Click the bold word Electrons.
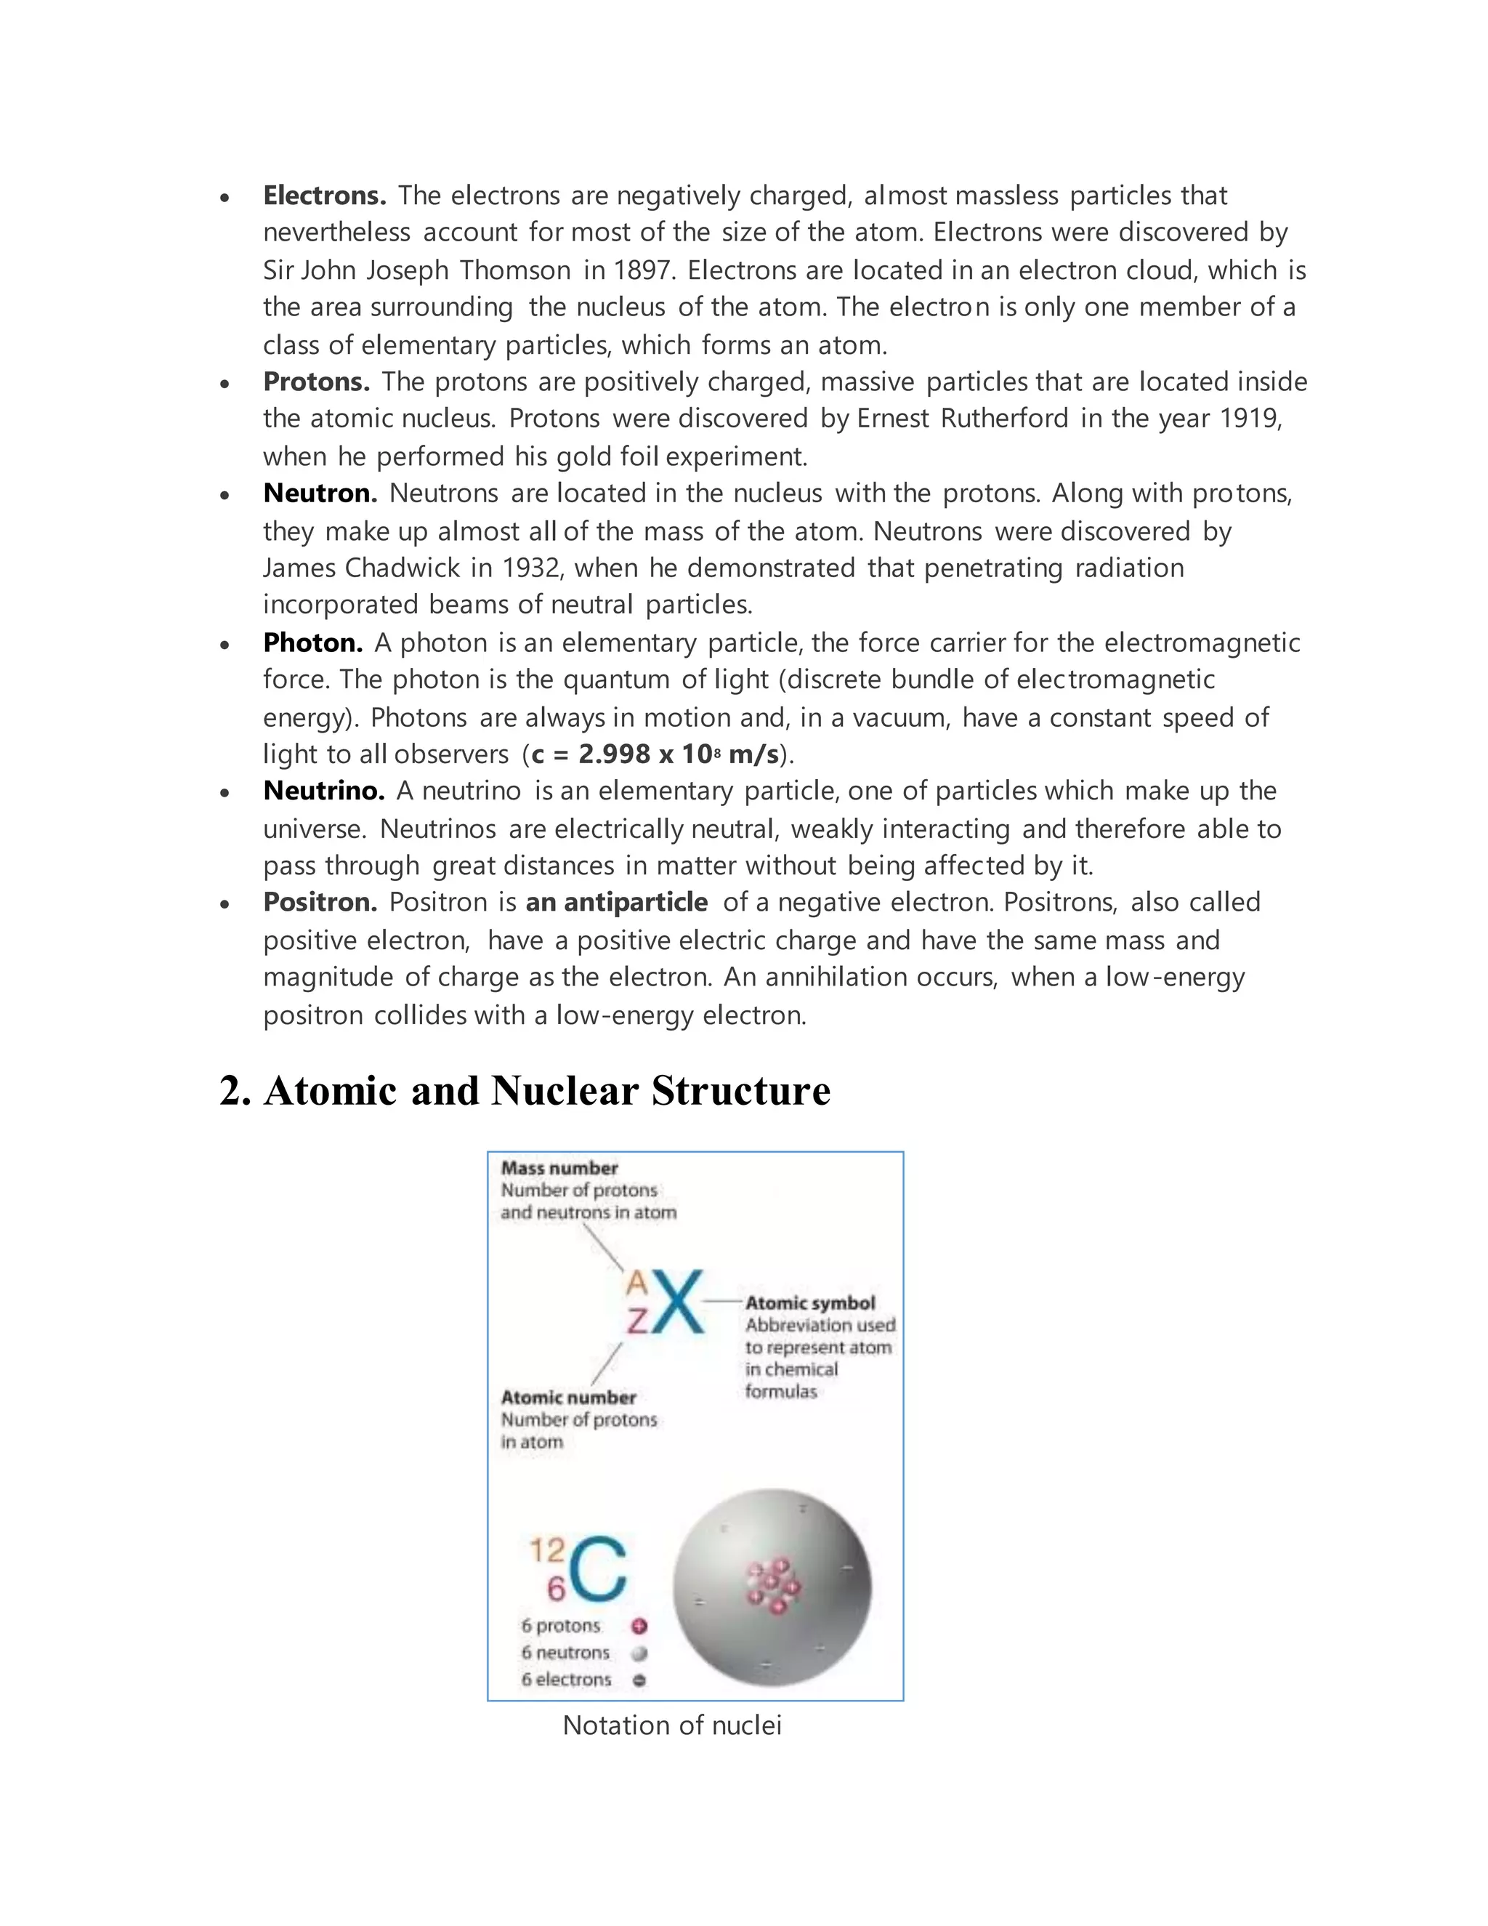(x=324, y=195)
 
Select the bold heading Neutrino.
(x=323, y=790)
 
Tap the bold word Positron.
(x=320, y=901)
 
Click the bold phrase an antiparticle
(x=616, y=901)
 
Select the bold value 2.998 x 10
(x=644, y=754)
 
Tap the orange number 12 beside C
(x=546, y=1550)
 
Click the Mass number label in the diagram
(x=559, y=1168)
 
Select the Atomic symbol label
(x=810, y=1302)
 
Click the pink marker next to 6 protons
(x=639, y=1625)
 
